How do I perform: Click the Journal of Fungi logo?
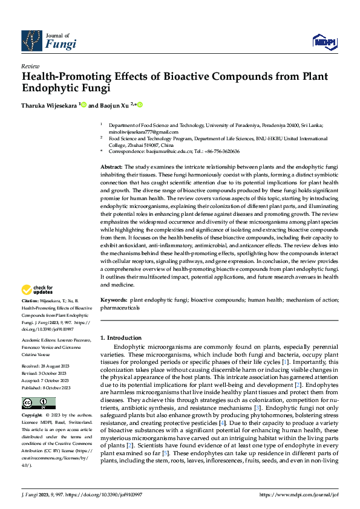pyautogui.click(x=49, y=41)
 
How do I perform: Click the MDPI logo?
pyautogui.click(x=324, y=41)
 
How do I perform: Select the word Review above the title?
pyautogui.click(x=30, y=66)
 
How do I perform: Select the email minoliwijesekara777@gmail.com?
pyautogui.click(x=139, y=132)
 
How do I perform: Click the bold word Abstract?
pyautogui.click(x=113, y=166)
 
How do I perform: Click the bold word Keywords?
pyautogui.click(x=114, y=300)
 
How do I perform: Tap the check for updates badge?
pyautogui.click(x=38, y=290)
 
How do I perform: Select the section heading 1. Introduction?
pyautogui.click(x=121, y=338)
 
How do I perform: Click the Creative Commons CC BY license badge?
pyautogui.click(x=39, y=386)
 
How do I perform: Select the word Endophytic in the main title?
pyautogui.click(x=51, y=88)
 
